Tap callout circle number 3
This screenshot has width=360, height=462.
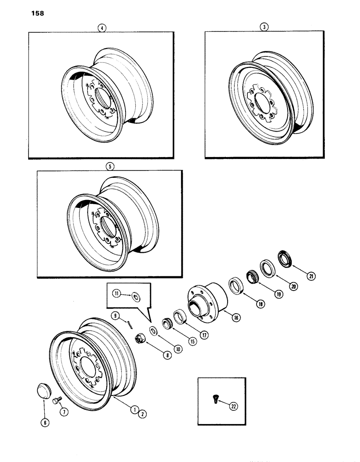point(264,27)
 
